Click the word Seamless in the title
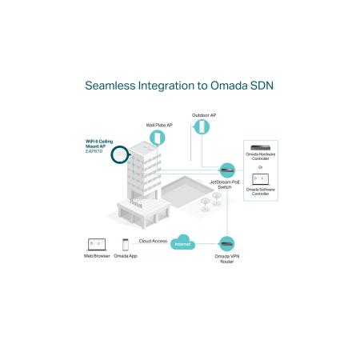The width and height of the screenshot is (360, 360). (x=110, y=86)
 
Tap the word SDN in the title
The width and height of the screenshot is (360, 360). (x=262, y=86)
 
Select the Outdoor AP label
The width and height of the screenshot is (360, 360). (x=204, y=115)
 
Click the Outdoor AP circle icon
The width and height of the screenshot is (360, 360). (x=202, y=127)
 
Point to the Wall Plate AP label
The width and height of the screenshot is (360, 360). (x=159, y=125)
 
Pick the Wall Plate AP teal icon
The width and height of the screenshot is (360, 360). (x=158, y=138)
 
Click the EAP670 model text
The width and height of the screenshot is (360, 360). (x=94, y=151)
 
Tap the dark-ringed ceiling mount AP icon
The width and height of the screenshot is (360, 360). (x=120, y=154)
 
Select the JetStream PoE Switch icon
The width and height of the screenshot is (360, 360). (x=227, y=170)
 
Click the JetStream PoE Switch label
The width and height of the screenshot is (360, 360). (x=225, y=185)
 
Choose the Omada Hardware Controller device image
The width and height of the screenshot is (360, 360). (x=260, y=147)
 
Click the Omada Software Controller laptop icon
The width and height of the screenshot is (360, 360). (x=261, y=179)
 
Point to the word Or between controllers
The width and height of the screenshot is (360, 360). (x=260, y=167)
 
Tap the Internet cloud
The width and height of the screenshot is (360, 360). (x=183, y=242)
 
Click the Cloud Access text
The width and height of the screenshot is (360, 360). (x=153, y=241)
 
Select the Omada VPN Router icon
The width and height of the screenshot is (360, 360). (x=226, y=244)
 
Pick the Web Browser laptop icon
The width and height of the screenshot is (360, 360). (x=97, y=245)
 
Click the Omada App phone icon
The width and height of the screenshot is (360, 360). (x=126, y=245)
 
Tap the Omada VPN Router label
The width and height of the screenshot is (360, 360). (x=227, y=259)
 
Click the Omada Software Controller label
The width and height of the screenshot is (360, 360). (x=261, y=192)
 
